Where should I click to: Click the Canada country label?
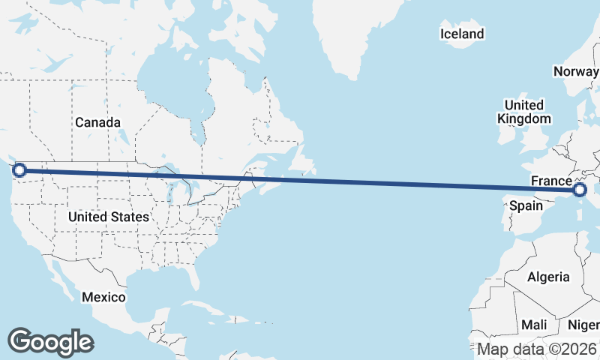coord(97,122)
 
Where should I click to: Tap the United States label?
coord(109,217)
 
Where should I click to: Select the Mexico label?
coord(103,297)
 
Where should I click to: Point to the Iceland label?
coord(462,34)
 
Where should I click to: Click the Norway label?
coord(575,71)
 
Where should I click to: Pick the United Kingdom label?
coord(523,112)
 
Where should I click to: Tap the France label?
coord(551,181)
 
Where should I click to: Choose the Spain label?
coord(526,205)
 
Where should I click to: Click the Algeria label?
coord(548,277)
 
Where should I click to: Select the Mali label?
coord(534,325)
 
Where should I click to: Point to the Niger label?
coord(583,325)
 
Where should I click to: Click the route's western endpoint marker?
coord(19,170)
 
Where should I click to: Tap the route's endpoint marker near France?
coord(580,190)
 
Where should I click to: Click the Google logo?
coord(50,341)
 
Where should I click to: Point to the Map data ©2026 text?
coord(537,349)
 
